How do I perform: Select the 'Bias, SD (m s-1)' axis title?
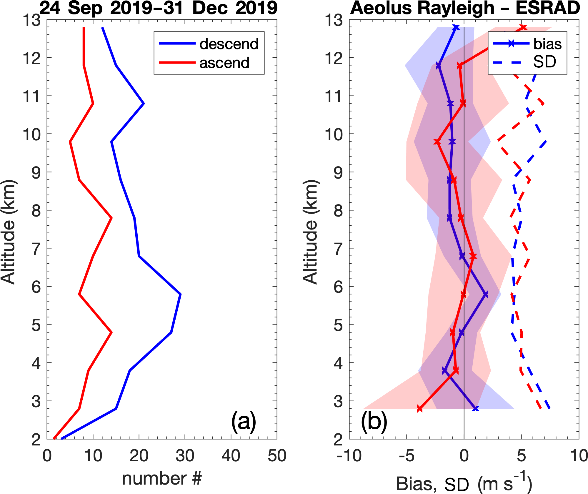464,483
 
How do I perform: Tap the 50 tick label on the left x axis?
277,456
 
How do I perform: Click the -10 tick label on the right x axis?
349,456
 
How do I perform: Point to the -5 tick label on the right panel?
407,456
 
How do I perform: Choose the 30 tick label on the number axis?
185,456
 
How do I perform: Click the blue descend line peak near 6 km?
181,294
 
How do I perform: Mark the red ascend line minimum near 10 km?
70,142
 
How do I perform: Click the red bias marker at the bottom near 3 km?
420,409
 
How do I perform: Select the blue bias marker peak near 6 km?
485,294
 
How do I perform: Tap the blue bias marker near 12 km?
439,66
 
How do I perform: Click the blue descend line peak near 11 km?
144,104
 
